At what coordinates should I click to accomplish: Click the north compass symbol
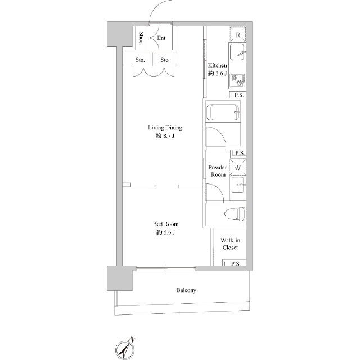pos(124,349)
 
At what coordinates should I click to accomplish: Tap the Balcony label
pos(186,290)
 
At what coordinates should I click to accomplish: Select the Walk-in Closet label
pos(230,244)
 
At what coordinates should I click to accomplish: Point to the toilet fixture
pos(235,214)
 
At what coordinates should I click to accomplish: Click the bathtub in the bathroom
pos(223,112)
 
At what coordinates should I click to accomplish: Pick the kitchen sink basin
pos(237,52)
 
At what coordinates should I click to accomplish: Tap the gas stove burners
pos(237,80)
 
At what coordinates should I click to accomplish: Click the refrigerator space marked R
pos(238,35)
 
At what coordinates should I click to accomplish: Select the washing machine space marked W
pos(238,168)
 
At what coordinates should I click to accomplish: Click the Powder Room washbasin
pos(238,185)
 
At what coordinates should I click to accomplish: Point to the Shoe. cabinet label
pos(141,38)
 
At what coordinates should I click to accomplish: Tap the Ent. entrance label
pos(162,38)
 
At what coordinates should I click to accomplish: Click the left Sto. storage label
pos(140,60)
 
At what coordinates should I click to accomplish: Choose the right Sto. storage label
pos(165,60)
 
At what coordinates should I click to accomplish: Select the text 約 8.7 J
pos(165,136)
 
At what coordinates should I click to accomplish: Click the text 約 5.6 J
pos(165,232)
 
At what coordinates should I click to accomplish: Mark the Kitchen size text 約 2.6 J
pos(218,74)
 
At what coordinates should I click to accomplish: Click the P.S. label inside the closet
pos(236,264)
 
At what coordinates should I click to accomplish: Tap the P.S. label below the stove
pos(239,95)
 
